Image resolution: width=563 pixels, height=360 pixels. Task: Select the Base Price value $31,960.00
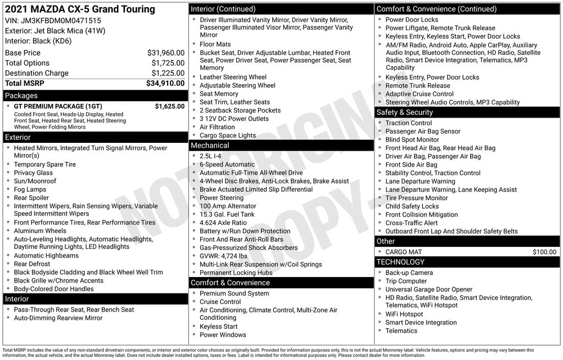pos(165,53)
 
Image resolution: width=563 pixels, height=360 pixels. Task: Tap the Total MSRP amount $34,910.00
pos(165,84)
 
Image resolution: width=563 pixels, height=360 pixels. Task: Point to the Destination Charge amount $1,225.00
pos(168,73)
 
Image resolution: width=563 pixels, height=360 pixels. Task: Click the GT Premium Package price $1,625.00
pos(169,107)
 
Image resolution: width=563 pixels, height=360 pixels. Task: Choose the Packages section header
pos(21,96)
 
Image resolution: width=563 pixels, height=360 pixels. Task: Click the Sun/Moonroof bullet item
pos(35,181)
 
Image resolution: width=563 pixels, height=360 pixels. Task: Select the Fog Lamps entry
pos(30,190)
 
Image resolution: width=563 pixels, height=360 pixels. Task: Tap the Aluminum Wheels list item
pos(40,231)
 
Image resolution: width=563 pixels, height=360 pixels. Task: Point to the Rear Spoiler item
pos(31,198)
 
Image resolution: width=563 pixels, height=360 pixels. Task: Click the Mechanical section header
pos(209,146)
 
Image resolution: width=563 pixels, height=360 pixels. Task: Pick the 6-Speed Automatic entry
pos(227,164)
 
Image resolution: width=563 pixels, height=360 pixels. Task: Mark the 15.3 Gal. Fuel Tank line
pos(227,214)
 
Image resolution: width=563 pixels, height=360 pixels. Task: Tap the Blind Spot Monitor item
pos(412,140)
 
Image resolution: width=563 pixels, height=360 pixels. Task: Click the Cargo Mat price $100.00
pos(544,252)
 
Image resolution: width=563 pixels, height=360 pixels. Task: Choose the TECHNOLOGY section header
pos(400,262)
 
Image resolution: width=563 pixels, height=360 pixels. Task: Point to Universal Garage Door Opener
pos(428,289)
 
